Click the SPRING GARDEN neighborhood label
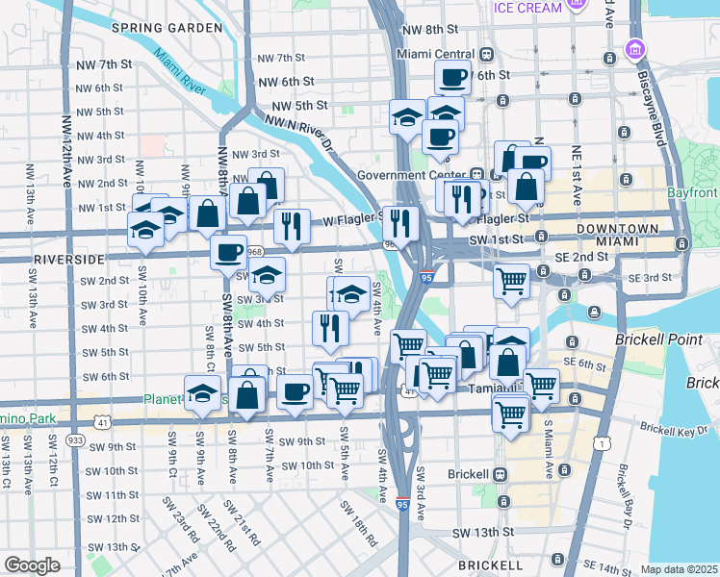pos(167,28)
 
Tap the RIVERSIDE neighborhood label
pos(68,260)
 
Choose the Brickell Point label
pos(662,340)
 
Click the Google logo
pos(33,565)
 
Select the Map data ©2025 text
pos(679,569)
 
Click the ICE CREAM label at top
pos(527,8)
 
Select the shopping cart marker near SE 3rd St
pos(511,281)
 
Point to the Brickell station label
pos(469,474)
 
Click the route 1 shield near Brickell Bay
pos(602,442)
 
